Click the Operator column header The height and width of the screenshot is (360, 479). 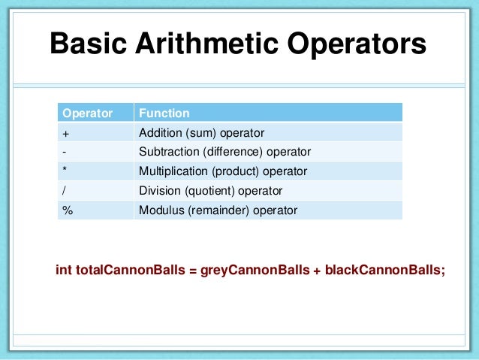[87, 113]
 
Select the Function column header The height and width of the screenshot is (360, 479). [164, 113]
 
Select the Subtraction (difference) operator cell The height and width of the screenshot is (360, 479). [224, 152]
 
